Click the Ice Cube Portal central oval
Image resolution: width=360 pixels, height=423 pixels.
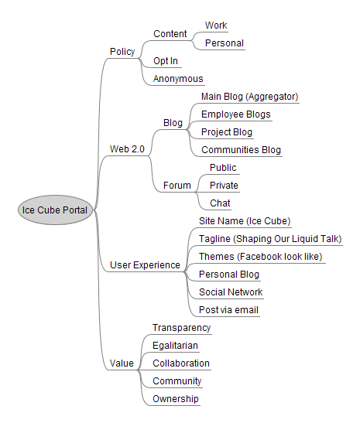click(x=56, y=210)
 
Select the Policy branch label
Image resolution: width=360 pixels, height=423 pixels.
click(x=122, y=52)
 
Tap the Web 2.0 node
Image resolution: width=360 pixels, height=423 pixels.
click(x=127, y=149)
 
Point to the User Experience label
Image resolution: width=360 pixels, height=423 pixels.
click(x=145, y=265)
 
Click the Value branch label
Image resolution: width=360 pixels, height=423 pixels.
click(x=122, y=363)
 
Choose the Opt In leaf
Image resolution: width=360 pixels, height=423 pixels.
click(x=166, y=61)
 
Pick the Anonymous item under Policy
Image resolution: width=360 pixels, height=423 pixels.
click(x=178, y=79)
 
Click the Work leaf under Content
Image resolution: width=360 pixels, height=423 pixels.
click(x=216, y=26)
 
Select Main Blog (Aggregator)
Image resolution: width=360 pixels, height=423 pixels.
click(x=249, y=97)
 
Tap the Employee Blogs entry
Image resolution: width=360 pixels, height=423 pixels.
click(x=236, y=114)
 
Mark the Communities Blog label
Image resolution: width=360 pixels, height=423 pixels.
click(x=242, y=150)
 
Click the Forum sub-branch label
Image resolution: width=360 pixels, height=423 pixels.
click(x=177, y=186)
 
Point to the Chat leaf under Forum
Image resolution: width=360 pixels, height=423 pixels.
click(x=220, y=203)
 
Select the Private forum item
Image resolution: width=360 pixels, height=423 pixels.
click(x=224, y=186)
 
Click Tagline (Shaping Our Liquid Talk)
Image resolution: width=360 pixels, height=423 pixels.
click(x=270, y=239)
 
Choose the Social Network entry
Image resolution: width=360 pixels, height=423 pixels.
click(x=231, y=292)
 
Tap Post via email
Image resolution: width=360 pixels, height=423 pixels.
click(x=228, y=310)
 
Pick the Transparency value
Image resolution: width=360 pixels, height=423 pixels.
click(x=181, y=328)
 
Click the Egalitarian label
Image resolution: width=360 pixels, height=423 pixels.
click(x=175, y=346)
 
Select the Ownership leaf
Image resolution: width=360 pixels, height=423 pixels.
click(x=176, y=399)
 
